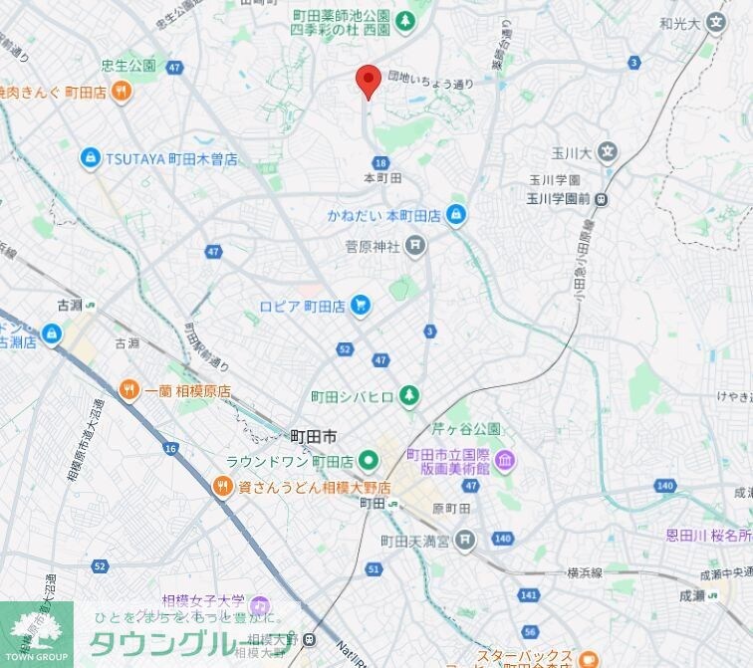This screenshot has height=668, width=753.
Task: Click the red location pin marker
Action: pos(369,80)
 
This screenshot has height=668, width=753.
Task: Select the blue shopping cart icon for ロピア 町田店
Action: pos(361,307)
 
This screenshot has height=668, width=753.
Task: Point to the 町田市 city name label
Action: pos(313,437)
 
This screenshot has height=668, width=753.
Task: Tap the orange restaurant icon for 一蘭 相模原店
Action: pos(128,391)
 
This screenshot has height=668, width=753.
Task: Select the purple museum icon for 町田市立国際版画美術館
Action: pos(504,460)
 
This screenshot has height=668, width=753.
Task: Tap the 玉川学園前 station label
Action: pos(559,198)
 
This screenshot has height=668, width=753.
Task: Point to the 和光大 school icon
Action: pos(716,22)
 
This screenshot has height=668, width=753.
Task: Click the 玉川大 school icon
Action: pos(608,153)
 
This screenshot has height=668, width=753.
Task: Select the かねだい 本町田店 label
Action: pos(383,215)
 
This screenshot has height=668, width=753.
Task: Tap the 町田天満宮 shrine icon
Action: pos(465,541)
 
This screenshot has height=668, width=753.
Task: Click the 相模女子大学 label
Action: pos(205,603)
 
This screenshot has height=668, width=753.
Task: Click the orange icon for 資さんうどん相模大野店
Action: pos(223,486)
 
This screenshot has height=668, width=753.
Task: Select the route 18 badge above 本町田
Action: pos(381,162)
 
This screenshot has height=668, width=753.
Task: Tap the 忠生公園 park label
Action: pos(127,66)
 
